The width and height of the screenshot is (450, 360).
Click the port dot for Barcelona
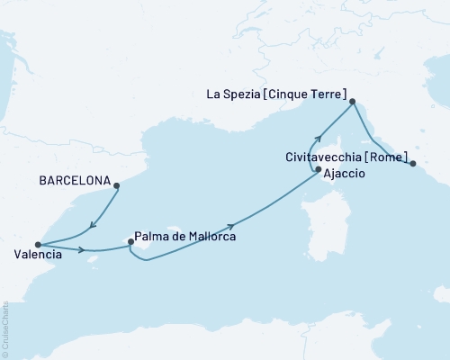coord(117,185)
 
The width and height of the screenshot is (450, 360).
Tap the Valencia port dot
coord(37,244)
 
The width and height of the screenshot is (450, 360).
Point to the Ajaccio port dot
coord(317,168)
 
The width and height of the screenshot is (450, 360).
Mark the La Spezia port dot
coord(352,102)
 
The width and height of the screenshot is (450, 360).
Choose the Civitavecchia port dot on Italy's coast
coord(413,164)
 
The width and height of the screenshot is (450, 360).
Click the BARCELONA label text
coord(75,180)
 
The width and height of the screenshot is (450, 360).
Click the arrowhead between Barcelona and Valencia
coord(93,226)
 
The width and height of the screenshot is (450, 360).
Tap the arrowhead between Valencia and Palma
coord(83,250)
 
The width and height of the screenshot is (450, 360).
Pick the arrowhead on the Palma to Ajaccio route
coord(232,227)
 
